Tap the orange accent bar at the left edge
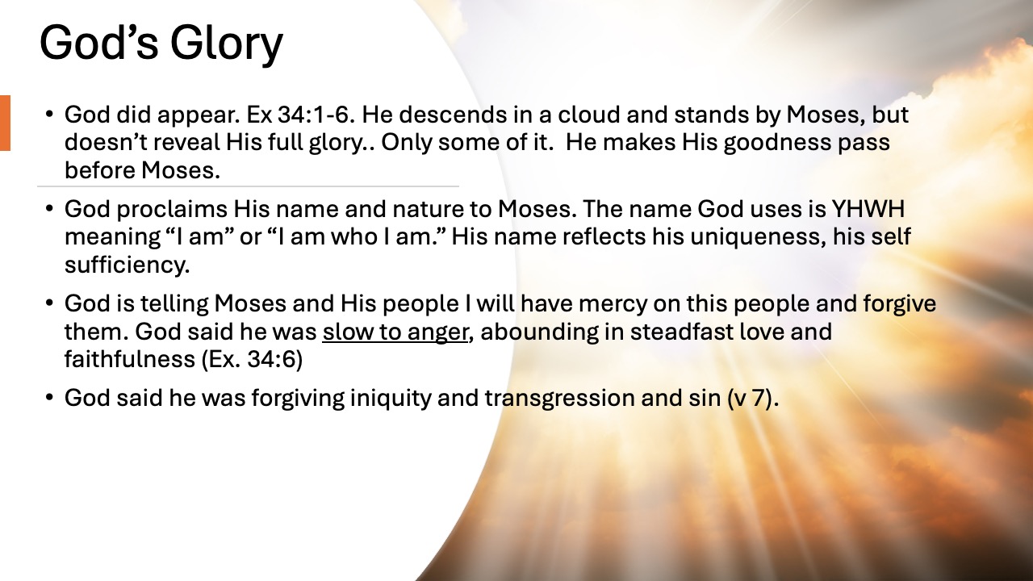(5, 123)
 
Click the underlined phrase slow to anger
(395, 332)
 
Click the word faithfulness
(128, 360)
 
